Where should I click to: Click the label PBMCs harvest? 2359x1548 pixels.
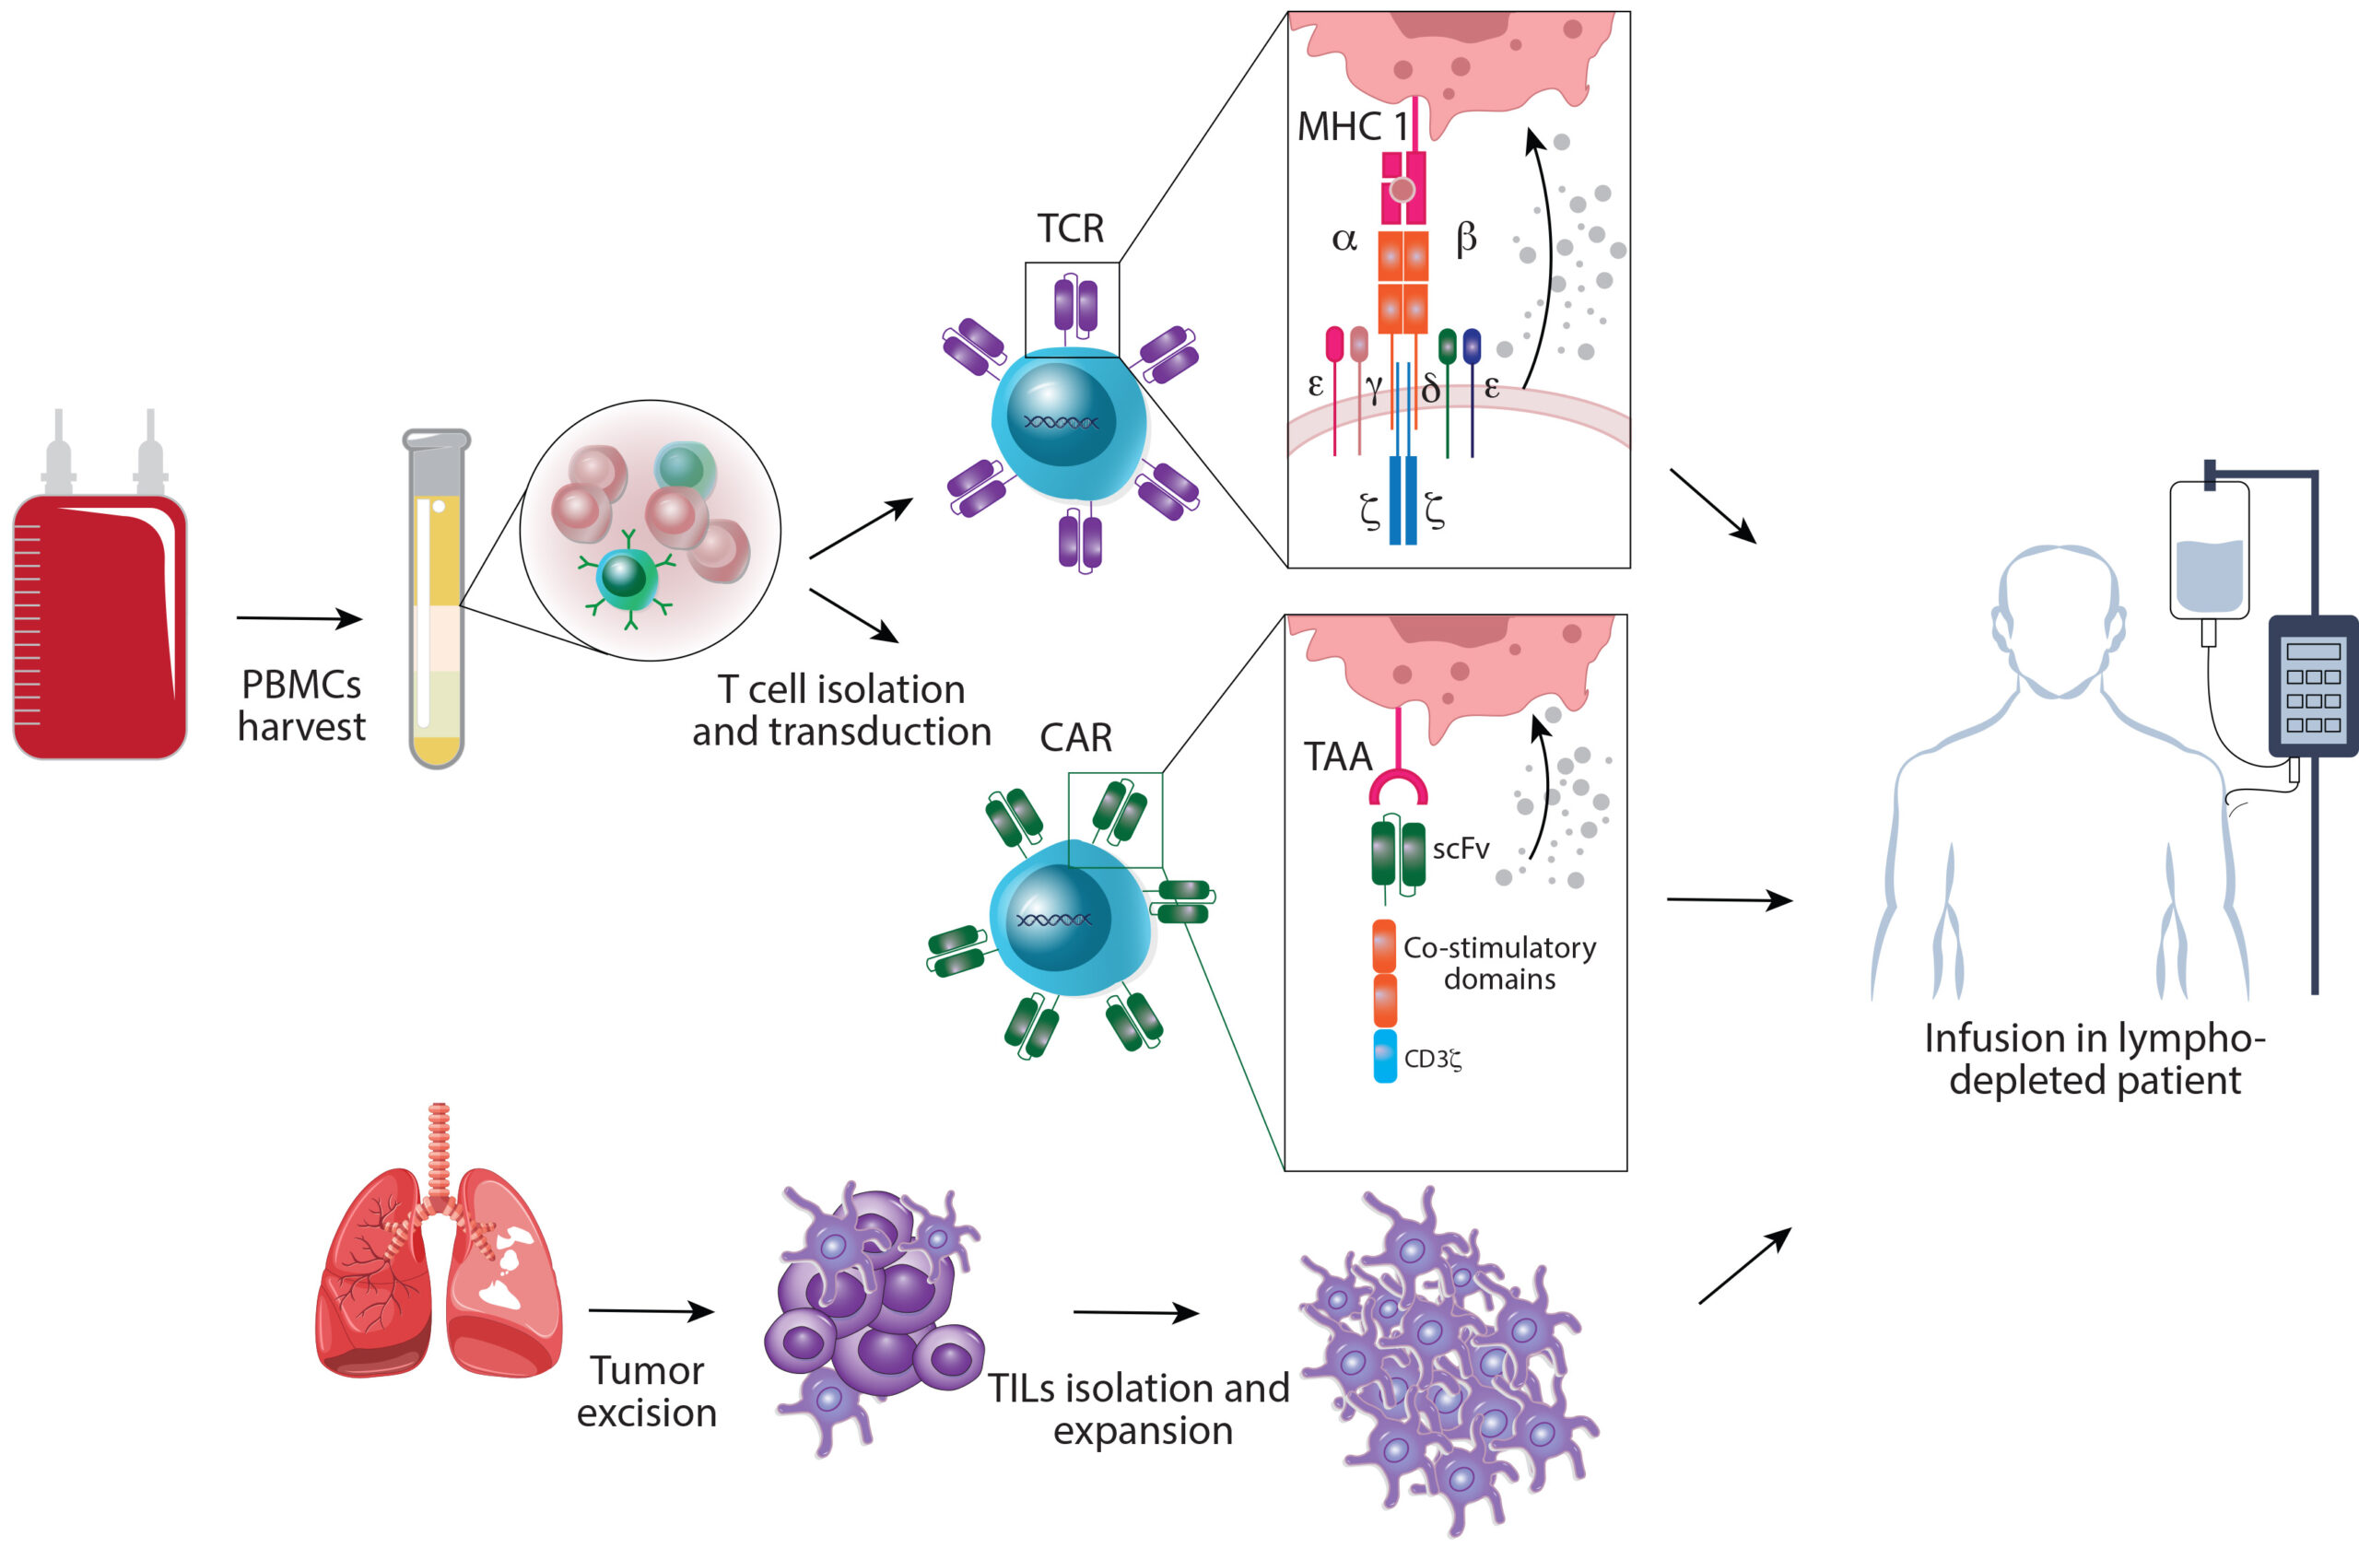(301, 706)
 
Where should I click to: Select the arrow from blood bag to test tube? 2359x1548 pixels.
(299, 618)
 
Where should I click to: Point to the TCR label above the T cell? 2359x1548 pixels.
(1071, 229)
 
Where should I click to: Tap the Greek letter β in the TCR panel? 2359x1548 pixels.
(1466, 238)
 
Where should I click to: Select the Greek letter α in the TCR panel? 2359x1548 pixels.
(1344, 239)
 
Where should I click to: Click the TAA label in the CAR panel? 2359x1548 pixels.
(1337, 757)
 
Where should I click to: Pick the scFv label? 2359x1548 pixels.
(1460, 849)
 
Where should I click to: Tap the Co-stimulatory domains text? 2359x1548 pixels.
(1498, 963)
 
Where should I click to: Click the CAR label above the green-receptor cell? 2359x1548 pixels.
(1075, 737)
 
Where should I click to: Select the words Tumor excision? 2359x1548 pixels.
(646, 1391)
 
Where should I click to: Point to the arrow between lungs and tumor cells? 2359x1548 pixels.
(651, 1311)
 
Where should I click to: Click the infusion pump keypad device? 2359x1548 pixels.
(2312, 686)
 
